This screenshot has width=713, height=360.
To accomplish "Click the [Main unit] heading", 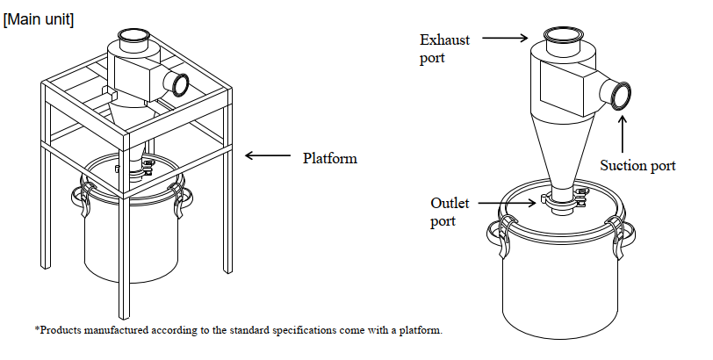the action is click(39, 20).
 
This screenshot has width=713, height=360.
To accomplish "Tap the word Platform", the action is click(330, 158).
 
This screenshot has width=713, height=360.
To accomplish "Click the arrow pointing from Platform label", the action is click(267, 155).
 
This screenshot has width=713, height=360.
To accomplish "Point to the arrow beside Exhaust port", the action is click(505, 38).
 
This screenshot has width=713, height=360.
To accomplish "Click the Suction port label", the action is click(637, 165).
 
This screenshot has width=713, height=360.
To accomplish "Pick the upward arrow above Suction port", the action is click(623, 134).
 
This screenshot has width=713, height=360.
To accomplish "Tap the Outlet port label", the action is click(450, 212).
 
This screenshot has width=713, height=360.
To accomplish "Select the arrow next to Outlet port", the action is click(507, 203).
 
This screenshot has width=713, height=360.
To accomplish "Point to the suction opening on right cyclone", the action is click(621, 96).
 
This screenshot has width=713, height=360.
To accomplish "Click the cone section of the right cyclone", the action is click(565, 150).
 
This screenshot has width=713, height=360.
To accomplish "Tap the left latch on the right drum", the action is click(507, 235).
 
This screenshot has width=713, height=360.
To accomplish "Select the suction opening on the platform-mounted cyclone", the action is click(181, 85).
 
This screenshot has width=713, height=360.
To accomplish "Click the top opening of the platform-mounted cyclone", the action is click(134, 35).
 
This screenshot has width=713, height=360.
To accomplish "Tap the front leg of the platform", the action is click(124, 255).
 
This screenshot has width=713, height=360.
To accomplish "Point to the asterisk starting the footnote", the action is click(37, 328).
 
